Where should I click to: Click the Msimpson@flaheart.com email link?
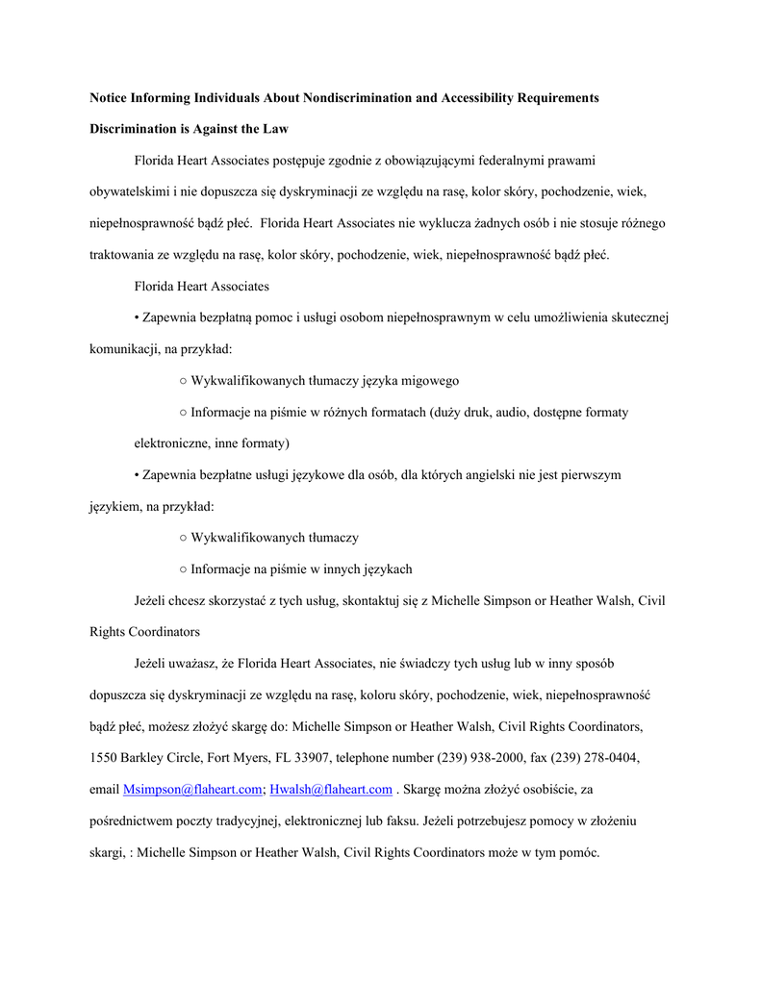pyautogui.click(x=192, y=790)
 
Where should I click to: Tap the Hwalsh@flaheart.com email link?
pyautogui.click(x=331, y=790)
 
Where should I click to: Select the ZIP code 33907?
pyautogui.click(x=310, y=757)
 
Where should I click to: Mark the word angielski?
pyautogui.click(x=466, y=474)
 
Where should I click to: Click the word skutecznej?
pyautogui.click(x=634, y=317)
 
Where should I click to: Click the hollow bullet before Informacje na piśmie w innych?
pyautogui.click(x=183, y=569)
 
